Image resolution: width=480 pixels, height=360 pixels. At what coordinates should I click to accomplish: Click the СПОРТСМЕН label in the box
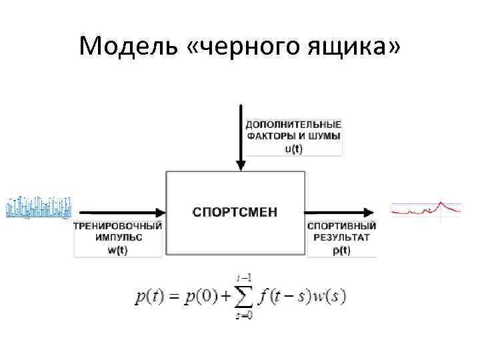[235, 213]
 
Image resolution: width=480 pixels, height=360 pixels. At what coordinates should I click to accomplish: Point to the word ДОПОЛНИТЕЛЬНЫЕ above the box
[293, 125]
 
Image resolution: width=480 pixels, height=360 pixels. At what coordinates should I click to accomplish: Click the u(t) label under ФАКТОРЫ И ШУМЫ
[293, 149]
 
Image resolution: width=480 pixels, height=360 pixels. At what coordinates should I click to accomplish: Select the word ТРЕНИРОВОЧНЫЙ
[117, 226]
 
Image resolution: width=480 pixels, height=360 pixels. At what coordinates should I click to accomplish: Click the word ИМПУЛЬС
[117, 238]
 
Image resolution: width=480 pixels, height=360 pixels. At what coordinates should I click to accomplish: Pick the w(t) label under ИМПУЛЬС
[117, 250]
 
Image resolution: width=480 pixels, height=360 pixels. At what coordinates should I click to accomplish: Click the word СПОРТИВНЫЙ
[341, 226]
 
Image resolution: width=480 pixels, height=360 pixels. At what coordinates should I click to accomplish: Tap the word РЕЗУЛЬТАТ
[341, 238]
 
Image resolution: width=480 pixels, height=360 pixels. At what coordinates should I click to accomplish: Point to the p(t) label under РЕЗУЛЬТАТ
[341, 250]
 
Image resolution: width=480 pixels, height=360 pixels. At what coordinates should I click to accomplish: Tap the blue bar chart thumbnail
[38, 207]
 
